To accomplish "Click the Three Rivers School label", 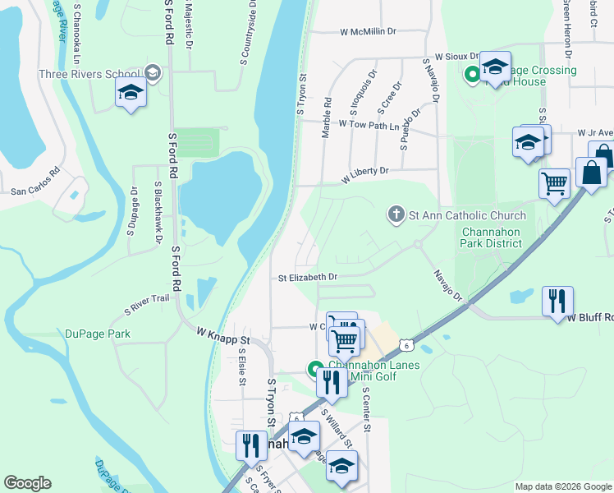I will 89,74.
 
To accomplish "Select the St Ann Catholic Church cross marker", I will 396,215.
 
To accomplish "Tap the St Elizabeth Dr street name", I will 308,278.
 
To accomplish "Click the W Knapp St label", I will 222,335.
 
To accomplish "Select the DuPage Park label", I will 98,334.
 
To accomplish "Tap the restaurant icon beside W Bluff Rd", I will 557,300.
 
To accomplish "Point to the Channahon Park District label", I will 493,238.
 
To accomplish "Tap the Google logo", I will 27,483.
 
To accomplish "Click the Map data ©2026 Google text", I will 562,486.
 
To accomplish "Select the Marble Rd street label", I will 327,117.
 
